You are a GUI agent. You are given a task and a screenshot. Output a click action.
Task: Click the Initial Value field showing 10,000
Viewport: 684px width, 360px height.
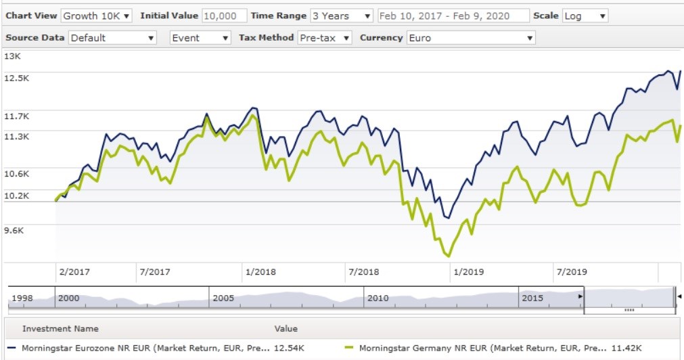pos(224,16)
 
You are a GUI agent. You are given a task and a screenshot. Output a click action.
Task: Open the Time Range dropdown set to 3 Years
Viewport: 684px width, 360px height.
pos(341,16)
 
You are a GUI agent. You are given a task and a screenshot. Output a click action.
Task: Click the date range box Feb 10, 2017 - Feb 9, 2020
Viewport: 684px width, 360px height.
pos(453,16)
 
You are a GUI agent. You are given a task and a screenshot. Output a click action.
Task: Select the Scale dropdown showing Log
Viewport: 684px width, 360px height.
pos(585,16)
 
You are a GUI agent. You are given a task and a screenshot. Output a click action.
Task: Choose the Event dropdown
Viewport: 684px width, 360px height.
pos(200,38)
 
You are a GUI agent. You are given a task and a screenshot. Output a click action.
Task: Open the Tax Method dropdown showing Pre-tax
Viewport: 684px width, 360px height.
pos(325,38)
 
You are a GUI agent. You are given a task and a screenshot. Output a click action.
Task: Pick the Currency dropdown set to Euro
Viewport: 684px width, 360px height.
pos(471,38)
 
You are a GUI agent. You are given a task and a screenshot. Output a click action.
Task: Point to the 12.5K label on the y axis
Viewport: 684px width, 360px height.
pos(16,78)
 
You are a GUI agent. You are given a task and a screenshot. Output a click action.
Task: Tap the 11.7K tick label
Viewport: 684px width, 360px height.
pos(16,116)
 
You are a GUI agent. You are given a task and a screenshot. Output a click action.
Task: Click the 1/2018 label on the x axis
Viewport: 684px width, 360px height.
pos(260,272)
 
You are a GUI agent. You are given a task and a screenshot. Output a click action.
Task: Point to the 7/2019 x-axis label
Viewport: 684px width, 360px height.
pos(571,272)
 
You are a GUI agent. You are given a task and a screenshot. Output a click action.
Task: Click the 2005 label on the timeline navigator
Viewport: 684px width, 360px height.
pos(223,298)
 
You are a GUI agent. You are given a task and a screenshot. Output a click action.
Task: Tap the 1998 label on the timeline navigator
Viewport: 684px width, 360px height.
pos(22,298)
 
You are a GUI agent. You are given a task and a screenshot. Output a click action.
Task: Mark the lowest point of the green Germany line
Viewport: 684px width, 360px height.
pos(447,256)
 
